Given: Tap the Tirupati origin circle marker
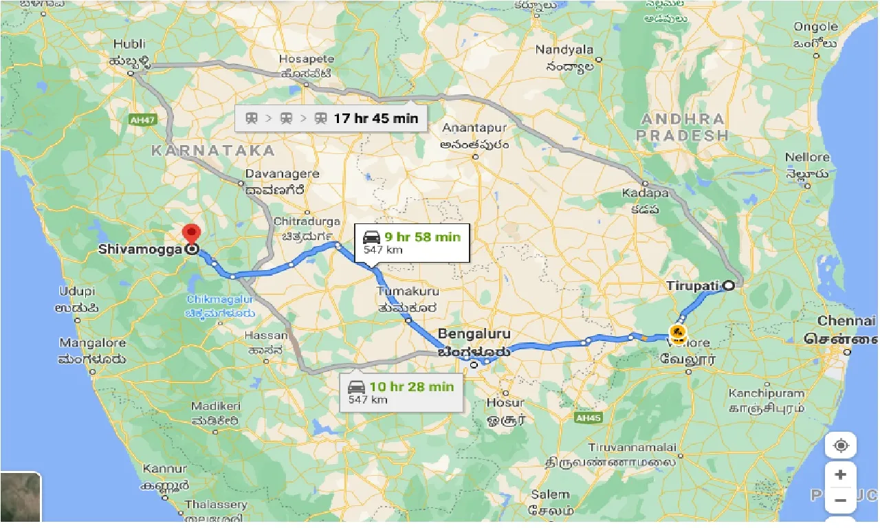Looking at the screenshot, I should pyautogui.click(x=729, y=285).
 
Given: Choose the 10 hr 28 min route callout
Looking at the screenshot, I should pyautogui.click(x=401, y=393).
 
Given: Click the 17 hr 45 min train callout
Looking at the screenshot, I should pyautogui.click(x=331, y=118).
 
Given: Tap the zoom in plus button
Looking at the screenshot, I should pyautogui.click(x=840, y=474).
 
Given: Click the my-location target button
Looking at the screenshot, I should pyautogui.click(x=840, y=445).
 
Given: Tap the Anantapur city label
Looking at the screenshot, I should pyautogui.click(x=474, y=129).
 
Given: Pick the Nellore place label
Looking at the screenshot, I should pyautogui.click(x=807, y=157).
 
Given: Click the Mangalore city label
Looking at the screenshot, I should pyautogui.click(x=93, y=343).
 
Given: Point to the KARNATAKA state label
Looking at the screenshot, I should pyautogui.click(x=212, y=150).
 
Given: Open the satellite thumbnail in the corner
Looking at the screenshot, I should pyautogui.click(x=21, y=496).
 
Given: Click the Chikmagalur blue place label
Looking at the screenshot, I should pyautogui.click(x=220, y=300).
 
